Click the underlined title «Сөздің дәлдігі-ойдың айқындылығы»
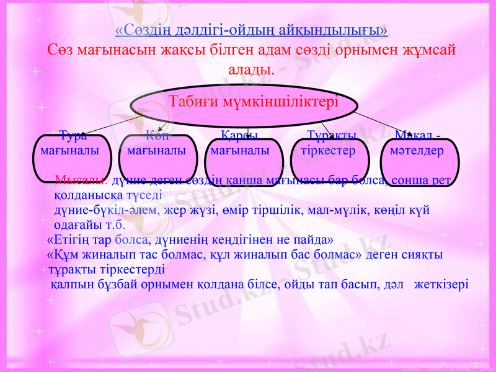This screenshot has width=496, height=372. tap(252, 29)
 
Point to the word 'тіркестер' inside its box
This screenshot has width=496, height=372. tap(328, 151)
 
